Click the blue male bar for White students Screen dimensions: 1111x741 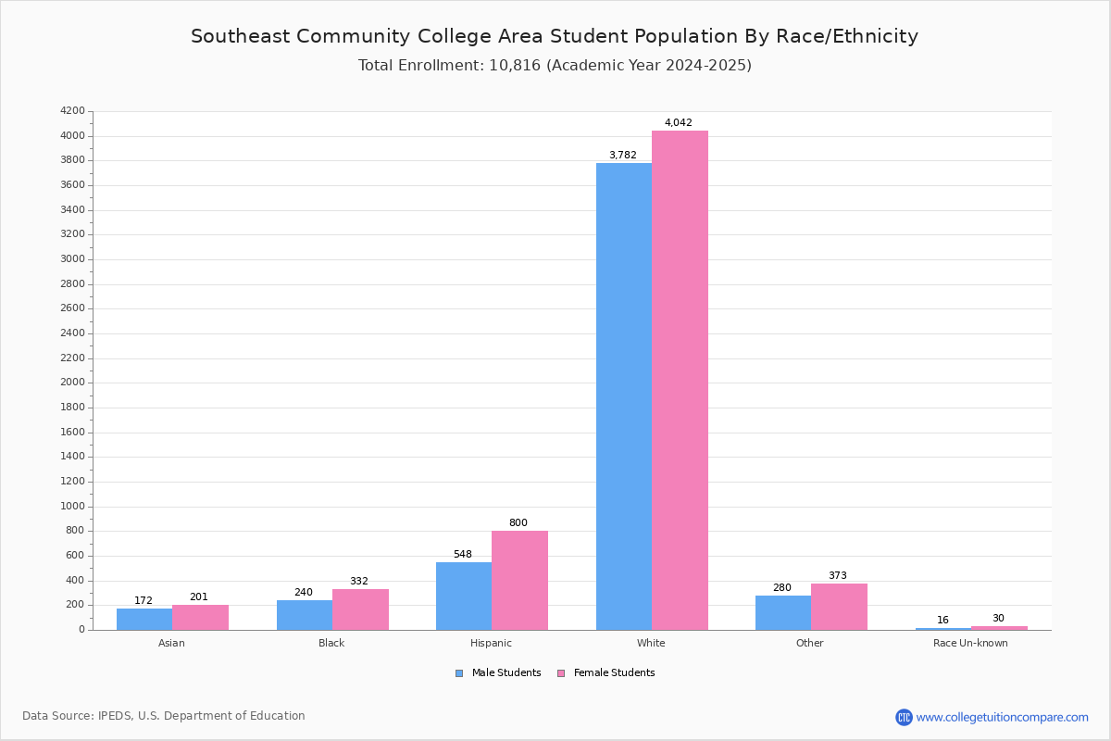[x=624, y=396]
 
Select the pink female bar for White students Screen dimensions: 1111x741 [x=680, y=381]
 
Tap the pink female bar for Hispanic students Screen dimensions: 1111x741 [x=519, y=581]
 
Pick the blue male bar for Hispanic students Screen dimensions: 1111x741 [x=464, y=597]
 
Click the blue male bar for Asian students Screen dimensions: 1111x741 [x=144, y=620]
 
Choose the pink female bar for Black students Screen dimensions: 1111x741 [x=360, y=609]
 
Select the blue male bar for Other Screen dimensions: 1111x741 [x=783, y=613]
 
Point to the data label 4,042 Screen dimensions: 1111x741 [x=678, y=122]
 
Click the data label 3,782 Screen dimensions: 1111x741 [x=622, y=155]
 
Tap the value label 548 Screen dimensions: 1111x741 [x=463, y=554]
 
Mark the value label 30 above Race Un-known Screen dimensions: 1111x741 [x=998, y=618]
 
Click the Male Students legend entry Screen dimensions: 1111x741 [x=498, y=673]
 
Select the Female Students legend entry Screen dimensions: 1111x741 [x=606, y=673]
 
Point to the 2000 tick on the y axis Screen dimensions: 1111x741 [x=72, y=383]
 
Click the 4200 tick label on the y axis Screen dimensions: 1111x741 [x=72, y=110]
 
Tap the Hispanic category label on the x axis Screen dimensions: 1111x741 [x=491, y=643]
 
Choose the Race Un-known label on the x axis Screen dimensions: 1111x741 [x=970, y=643]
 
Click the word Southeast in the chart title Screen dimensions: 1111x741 [x=240, y=36]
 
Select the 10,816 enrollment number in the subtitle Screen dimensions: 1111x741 [x=515, y=65]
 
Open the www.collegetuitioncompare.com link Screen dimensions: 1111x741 [x=1002, y=717]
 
